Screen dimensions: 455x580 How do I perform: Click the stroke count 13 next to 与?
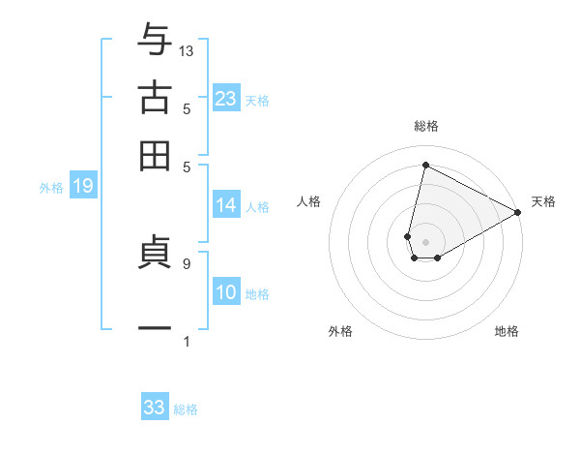point(187,49)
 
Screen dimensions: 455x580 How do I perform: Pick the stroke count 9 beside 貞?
point(186,262)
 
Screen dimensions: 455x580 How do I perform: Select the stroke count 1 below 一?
point(187,340)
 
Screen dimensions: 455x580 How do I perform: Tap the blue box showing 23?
point(226,99)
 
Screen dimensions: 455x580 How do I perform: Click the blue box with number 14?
point(226,205)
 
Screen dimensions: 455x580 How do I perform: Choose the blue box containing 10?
point(226,293)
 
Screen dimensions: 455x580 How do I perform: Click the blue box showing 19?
point(83,187)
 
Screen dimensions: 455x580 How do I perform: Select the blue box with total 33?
point(155,408)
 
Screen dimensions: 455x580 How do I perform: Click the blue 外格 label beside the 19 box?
point(51,188)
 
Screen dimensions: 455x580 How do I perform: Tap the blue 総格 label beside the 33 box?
point(186,409)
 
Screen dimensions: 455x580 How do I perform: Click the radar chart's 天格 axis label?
point(543,201)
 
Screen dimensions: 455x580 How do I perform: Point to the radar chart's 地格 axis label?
point(507,331)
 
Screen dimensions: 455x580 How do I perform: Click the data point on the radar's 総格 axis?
point(425,166)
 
